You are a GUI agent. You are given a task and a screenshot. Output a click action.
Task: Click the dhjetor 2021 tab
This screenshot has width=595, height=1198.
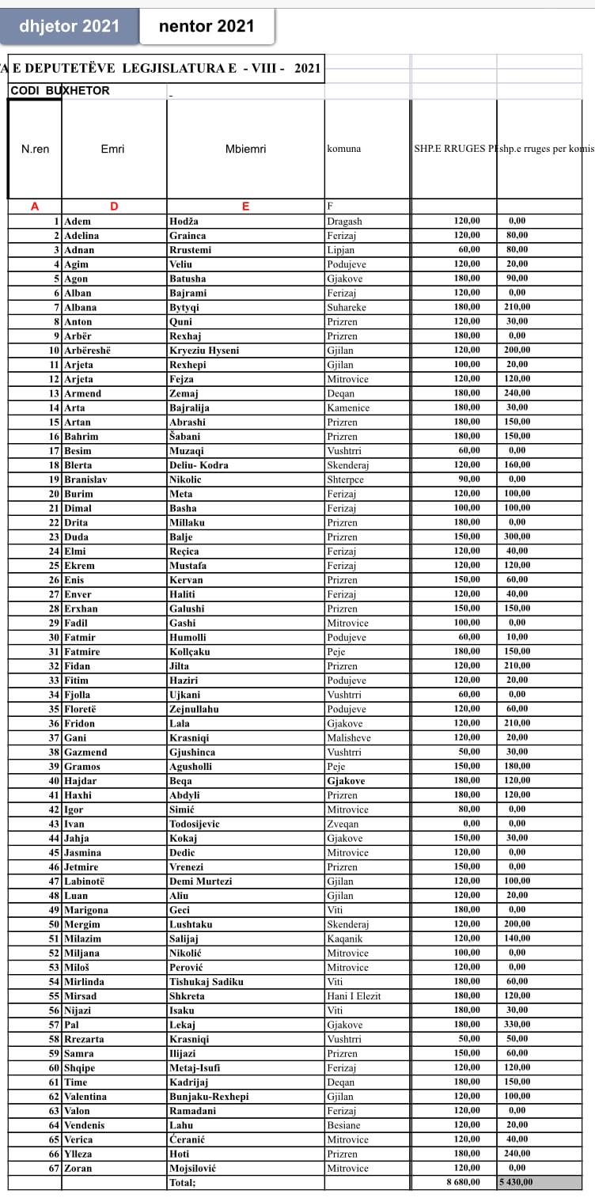70,26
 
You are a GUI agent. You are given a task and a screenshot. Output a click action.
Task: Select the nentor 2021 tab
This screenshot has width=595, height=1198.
207,26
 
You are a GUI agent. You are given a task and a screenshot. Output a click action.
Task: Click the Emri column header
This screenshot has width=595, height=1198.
113,149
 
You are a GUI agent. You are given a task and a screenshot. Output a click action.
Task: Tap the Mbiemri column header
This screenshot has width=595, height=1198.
245,149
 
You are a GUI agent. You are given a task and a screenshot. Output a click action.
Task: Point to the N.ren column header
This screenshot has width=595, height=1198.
35,149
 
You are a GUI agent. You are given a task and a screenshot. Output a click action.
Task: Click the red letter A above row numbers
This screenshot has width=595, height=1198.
35,207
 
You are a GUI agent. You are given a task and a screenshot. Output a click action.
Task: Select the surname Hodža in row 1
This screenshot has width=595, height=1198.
184,222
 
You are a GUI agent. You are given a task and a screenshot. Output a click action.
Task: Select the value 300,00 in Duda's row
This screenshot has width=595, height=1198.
517,536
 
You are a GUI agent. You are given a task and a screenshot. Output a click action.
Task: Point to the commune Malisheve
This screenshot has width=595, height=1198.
349,737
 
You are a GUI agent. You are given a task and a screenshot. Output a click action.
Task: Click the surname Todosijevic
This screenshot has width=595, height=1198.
195,824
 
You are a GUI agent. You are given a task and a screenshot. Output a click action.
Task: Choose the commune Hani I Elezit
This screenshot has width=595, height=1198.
354,996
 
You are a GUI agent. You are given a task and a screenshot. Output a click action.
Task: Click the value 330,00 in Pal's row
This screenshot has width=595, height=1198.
517,1025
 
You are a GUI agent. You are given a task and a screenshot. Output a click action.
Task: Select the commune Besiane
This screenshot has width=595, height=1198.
344,1125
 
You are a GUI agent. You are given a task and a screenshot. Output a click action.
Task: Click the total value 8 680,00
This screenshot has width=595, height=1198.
461,1182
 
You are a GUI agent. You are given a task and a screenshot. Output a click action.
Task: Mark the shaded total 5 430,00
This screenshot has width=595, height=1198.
516,1182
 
